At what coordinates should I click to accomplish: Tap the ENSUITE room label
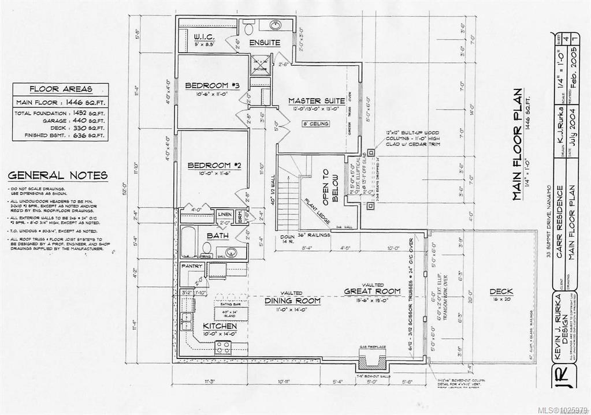coord(265,43)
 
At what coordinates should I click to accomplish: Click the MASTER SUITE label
coord(317,101)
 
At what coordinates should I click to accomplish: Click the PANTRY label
coord(191,266)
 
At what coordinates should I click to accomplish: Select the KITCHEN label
coord(220,326)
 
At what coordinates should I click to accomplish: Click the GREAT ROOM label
coord(372,291)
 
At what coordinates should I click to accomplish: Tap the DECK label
coord(501,291)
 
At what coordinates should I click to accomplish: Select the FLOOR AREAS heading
coord(60,89)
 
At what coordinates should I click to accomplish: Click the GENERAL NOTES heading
coord(58,175)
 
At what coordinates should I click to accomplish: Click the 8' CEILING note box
coord(316,124)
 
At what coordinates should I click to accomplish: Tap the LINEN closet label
coord(225,214)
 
